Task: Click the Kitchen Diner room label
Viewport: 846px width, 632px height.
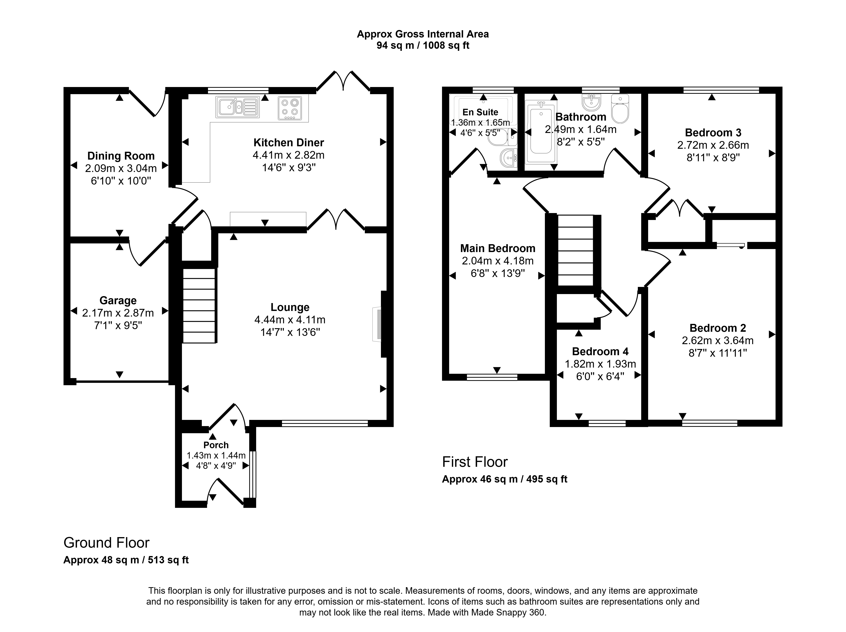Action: pyautogui.click(x=289, y=143)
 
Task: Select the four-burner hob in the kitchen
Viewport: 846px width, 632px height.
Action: pyautogui.click(x=290, y=107)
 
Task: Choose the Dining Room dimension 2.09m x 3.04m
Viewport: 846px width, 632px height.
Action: pyautogui.click(x=121, y=168)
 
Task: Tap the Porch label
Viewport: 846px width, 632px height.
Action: pyautogui.click(x=216, y=445)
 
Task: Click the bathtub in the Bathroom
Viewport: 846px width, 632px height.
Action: pyautogui.click(x=541, y=132)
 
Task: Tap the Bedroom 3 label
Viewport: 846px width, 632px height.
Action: pyautogui.click(x=713, y=133)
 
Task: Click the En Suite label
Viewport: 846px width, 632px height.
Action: pyautogui.click(x=480, y=112)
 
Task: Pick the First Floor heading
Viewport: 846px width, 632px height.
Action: pyautogui.click(x=475, y=462)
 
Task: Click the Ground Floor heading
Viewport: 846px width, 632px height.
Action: pyautogui.click(x=106, y=543)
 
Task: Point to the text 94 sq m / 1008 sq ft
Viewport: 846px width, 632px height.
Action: pyautogui.click(x=423, y=46)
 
